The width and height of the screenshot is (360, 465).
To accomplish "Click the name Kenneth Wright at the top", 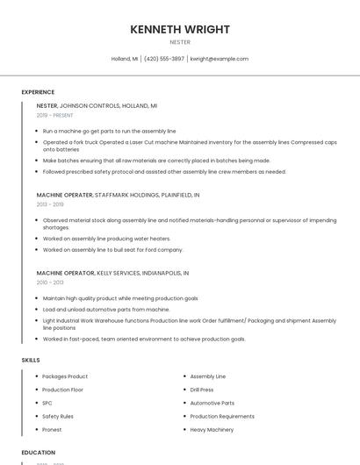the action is (180, 29).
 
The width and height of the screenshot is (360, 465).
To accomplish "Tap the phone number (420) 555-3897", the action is (164, 59).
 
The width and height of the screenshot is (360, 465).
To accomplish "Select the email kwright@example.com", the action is (220, 59).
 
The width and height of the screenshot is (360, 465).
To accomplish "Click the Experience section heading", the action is (38, 92).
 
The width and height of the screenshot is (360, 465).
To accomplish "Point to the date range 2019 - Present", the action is (55, 115).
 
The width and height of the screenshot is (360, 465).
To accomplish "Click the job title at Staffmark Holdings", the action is (64, 195).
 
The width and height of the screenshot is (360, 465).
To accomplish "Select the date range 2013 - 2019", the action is (50, 204).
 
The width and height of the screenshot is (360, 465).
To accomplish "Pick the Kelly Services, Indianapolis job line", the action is (112, 273).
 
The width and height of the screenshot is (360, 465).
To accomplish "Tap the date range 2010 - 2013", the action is (50, 283).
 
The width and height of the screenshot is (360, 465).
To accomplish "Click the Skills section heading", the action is (31, 360).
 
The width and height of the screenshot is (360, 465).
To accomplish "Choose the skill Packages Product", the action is (65, 376).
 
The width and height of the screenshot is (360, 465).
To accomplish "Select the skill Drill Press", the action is (202, 390).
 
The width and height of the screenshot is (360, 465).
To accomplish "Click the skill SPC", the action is (47, 403).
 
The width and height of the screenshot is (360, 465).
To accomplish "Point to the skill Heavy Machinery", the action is (212, 430).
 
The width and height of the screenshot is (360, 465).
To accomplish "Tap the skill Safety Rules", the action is (58, 416).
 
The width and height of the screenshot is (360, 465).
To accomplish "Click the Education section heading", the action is (39, 453).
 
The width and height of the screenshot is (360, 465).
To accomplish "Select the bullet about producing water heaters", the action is (106, 239).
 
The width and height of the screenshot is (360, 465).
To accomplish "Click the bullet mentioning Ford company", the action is (112, 250).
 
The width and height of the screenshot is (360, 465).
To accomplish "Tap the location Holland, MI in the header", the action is (125, 59).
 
